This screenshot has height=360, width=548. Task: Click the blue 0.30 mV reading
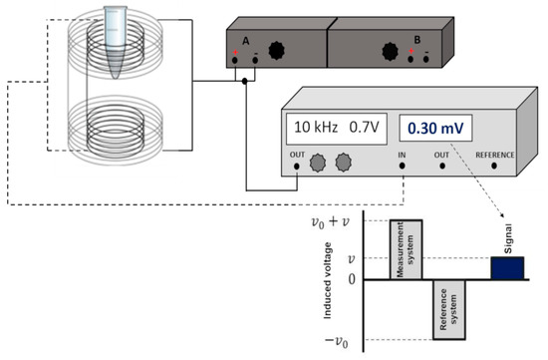(435, 129)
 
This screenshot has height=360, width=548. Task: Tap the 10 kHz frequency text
(316, 127)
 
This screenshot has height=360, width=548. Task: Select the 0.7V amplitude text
(364, 127)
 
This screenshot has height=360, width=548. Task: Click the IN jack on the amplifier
(402, 166)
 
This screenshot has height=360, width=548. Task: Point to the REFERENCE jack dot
(494, 166)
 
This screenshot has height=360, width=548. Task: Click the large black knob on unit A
(276, 51)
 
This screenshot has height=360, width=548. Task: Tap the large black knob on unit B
(390, 52)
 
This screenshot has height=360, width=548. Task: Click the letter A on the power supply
(246, 41)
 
